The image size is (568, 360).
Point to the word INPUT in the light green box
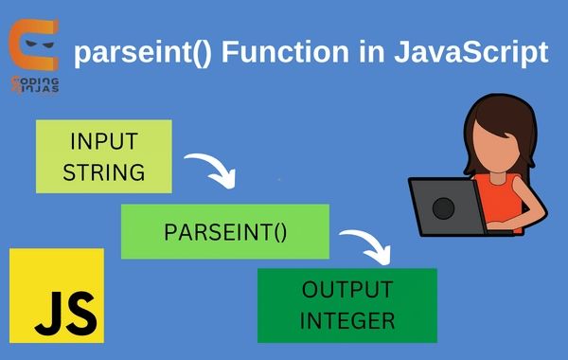pos(104,142)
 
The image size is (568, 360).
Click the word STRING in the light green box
pos(104,172)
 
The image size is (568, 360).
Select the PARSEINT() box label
pos(224,231)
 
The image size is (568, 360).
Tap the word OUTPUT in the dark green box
pos(347,289)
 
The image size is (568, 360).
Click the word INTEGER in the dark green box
pos(347,319)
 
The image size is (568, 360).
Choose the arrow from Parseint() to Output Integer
pos(367,245)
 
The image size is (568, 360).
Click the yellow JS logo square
pos(57,295)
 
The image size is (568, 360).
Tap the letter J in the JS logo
pos(43,309)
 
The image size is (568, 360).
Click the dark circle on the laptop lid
pos(443,206)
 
